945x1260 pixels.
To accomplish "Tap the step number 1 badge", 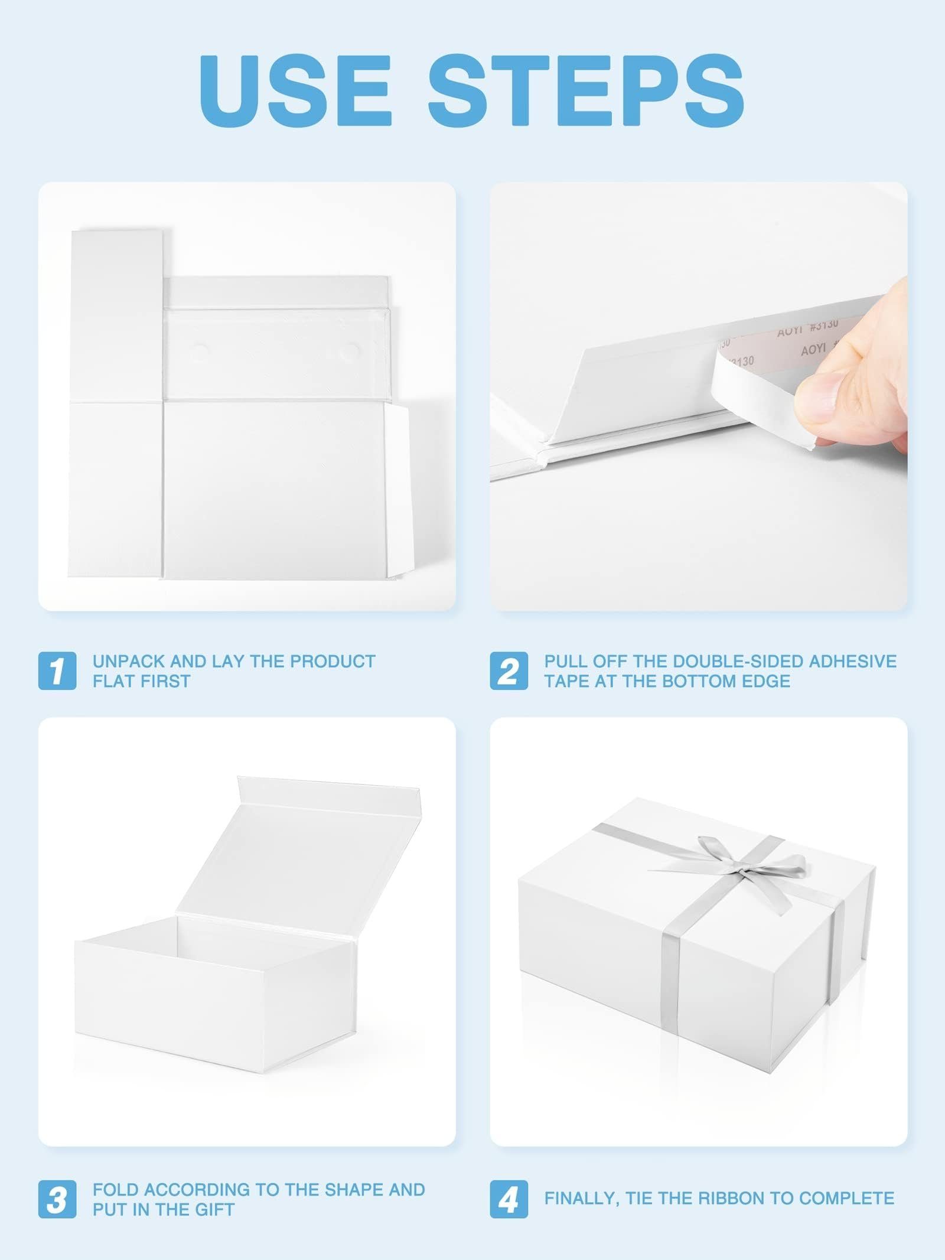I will pos(57,670).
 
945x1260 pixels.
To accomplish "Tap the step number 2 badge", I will pos(509,670).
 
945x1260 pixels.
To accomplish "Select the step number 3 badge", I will pos(57,1199).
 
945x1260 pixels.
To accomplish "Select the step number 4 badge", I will pos(509,1199).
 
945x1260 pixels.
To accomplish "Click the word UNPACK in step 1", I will pos(128,661).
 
